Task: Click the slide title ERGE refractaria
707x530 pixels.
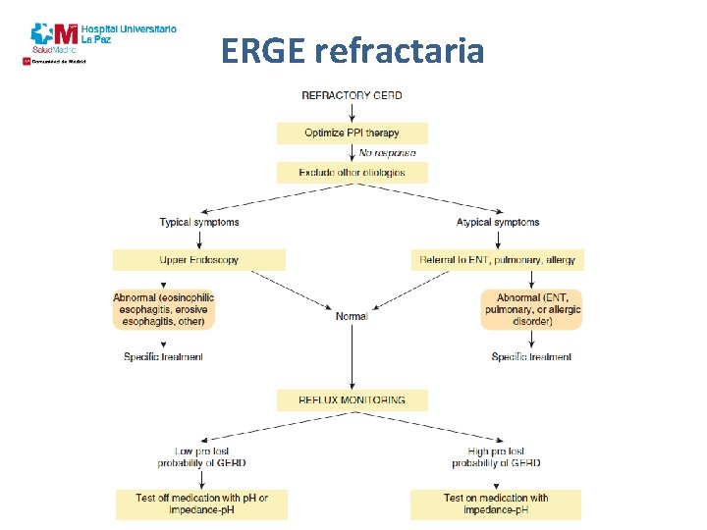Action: pyautogui.click(x=353, y=50)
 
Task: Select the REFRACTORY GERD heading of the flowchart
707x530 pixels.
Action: pyautogui.click(x=352, y=95)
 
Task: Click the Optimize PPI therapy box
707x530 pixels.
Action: pyautogui.click(x=352, y=132)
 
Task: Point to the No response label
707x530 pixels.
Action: pyautogui.click(x=387, y=152)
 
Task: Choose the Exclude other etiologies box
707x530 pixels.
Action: pyautogui.click(x=352, y=173)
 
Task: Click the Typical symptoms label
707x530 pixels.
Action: pyautogui.click(x=199, y=222)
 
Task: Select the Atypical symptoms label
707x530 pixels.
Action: pyautogui.click(x=498, y=222)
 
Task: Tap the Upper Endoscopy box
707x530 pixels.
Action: pyautogui.click(x=199, y=260)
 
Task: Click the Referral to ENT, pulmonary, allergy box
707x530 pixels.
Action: pyautogui.click(x=498, y=260)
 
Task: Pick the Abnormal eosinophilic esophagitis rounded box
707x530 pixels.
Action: pyautogui.click(x=164, y=309)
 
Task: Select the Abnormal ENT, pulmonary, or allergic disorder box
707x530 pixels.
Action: pyautogui.click(x=532, y=309)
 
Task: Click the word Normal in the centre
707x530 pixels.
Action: pyautogui.click(x=352, y=316)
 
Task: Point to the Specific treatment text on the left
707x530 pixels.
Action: pyautogui.click(x=164, y=356)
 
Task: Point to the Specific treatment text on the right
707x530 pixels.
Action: pyautogui.click(x=531, y=356)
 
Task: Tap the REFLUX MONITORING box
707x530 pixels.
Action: pyautogui.click(x=352, y=399)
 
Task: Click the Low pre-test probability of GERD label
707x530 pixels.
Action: pyautogui.click(x=201, y=456)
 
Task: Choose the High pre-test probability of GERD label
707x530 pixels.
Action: pyautogui.click(x=496, y=456)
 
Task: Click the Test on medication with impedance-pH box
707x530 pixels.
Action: pyautogui.click(x=496, y=503)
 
